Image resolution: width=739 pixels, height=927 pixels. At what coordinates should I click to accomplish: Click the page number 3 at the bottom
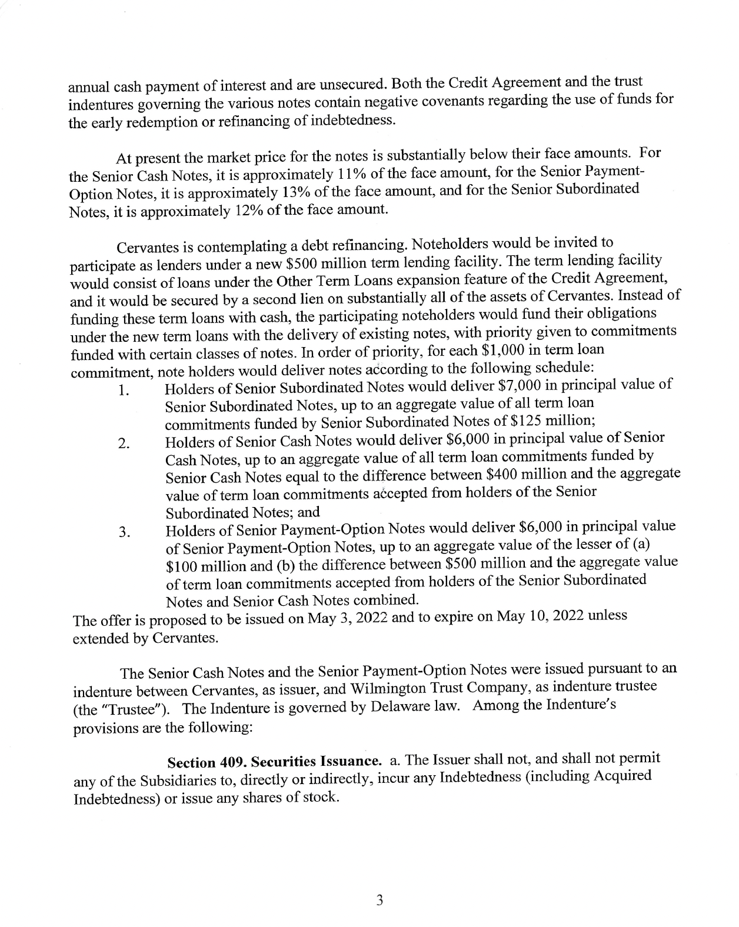click(380, 901)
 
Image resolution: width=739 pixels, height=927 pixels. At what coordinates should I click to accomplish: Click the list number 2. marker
click(124, 444)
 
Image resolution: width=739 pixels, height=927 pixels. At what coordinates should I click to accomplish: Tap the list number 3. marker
click(124, 533)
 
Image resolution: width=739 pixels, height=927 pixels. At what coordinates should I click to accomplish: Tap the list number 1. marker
click(123, 391)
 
